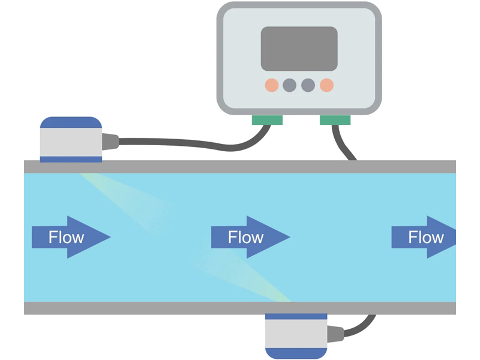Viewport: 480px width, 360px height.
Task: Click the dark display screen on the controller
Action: coord(299,49)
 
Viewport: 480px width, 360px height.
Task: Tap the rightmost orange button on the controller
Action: coord(326,85)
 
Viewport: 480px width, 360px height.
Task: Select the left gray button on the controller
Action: coord(289,85)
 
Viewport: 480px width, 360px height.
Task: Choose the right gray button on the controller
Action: coord(308,85)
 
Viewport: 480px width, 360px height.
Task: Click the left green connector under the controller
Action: coord(267,120)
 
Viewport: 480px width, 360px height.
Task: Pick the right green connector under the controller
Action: coord(335,120)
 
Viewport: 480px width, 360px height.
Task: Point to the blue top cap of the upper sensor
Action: coord(71,122)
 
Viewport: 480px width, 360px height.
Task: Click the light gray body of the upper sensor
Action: coord(71,142)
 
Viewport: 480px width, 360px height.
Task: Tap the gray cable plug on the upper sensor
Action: coord(110,142)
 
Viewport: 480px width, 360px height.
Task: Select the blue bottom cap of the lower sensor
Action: coord(296,353)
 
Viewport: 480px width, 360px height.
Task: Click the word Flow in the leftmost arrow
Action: coord(66,238)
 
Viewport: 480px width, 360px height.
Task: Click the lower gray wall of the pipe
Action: coord(180,308)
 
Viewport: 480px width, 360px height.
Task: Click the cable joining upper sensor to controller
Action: coord(180,143)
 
